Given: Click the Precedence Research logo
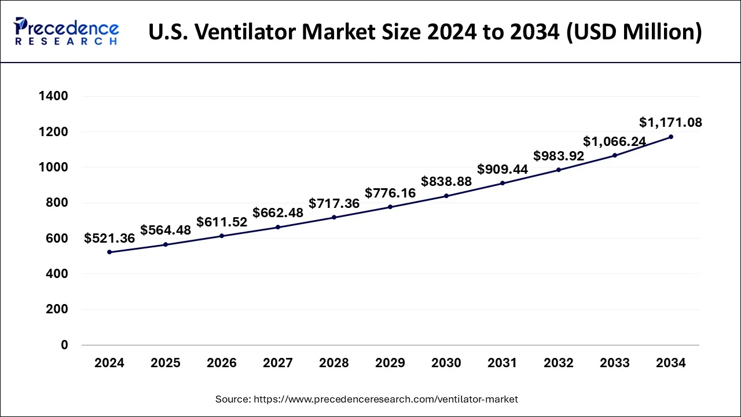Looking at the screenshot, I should click(x=67, y=31).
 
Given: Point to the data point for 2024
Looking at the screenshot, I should click(x=109, y=252).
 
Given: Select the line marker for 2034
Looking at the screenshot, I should click(x=671, y=137).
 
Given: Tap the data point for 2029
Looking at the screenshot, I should click(x=390, y=207).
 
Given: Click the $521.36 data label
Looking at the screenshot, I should click(x=109, y=238).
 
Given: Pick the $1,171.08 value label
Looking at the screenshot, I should click(x=670, y=122).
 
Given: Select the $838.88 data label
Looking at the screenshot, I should click(x=446, y=181).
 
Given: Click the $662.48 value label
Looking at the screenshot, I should click(x=278, y=213).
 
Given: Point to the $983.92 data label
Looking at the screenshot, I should click(x=559, y=156).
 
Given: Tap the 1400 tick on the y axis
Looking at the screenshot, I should click(x=53, y=96).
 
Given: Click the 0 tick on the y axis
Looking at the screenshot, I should click(x=64, y=345).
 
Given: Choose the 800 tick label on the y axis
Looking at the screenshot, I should click(x=57, y=203).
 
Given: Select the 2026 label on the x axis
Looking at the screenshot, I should click(x=222, y=363).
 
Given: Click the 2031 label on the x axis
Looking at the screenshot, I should click(x=502, y=363).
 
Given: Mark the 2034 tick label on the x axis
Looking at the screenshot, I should click(x=671, y=363).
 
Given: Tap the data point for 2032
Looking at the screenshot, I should click(x=559, y=170).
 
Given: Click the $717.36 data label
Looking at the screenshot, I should click(x=334, y=203).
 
